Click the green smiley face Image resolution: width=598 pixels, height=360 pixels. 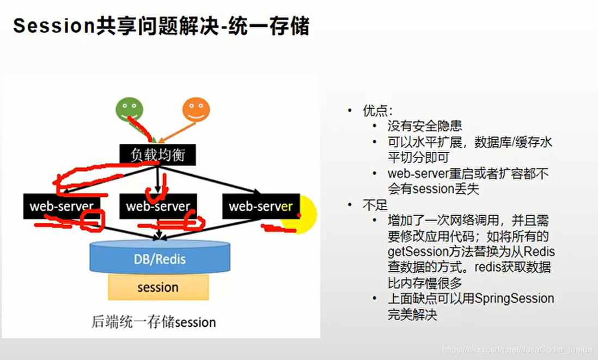(x=129, y=109)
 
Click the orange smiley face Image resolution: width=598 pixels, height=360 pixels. (x=196, y=109)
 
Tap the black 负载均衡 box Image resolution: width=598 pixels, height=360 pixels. (x=157, y=155)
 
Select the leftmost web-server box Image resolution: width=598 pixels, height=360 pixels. (x=62, y=206)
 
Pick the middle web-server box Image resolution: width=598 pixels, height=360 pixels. (x=158, y=206)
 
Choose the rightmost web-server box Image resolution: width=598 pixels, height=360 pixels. (x=261, y=206)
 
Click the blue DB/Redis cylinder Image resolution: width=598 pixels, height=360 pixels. (x=160, y=257)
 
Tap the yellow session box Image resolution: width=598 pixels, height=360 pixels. (x=158, y=287)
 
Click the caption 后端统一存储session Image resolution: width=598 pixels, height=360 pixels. (x=154, y=322)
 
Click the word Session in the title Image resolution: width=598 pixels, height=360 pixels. (x=54, y=26)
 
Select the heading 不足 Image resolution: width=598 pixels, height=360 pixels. (x=375, y=205)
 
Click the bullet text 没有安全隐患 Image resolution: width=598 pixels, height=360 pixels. (x=424, y=126)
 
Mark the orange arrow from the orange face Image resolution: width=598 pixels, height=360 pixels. (x=178, y=132)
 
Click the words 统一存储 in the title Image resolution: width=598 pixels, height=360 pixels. (x=269, y=26)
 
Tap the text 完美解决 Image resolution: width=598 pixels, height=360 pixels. (x=412, y=314)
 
